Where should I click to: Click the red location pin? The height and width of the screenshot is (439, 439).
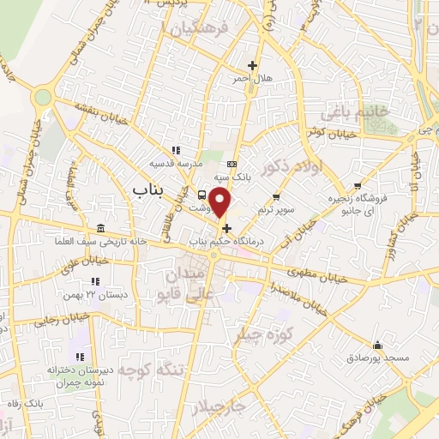pyautogui.click(x=221, y=202)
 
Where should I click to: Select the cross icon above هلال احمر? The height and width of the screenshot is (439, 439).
pyautogui.click(x=252, y=65)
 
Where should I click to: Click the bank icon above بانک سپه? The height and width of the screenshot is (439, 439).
pyautogui.click(x=232, y=164)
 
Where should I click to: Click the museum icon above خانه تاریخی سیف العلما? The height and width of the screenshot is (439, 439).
pyautogui.click(x=102, y=228)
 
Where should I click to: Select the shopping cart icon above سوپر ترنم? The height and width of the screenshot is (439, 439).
pyautogui.click(x=275, y=197)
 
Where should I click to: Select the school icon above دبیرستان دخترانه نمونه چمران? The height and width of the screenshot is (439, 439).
pyautogui.click(x=80, y=356)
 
